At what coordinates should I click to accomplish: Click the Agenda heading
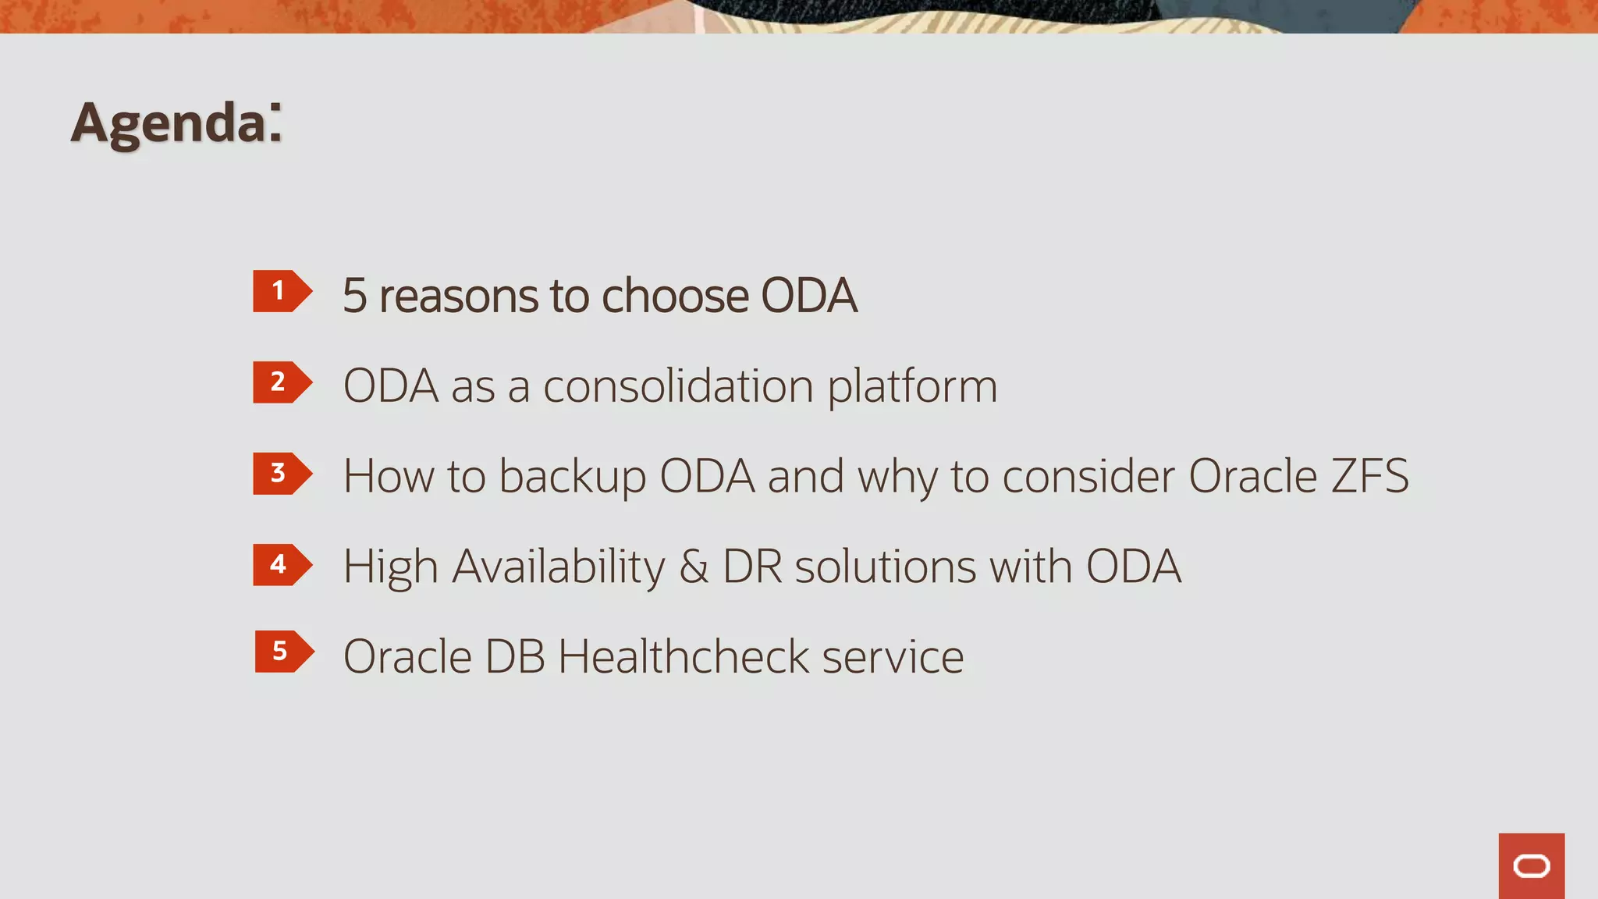176,123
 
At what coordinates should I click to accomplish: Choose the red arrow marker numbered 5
282,652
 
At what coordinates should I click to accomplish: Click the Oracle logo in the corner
1531,866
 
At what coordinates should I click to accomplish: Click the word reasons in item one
458,297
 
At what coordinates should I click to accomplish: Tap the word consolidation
678,386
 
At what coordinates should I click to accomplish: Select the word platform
912,388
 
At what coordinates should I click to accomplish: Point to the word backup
572,478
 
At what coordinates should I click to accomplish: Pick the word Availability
559,567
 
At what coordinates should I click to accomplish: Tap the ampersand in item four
694,567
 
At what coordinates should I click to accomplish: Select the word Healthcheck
684,657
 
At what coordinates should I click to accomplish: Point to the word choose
674,297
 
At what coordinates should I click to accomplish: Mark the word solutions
885,567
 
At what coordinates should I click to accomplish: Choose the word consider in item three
1088,476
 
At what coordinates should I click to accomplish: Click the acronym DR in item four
752,567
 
